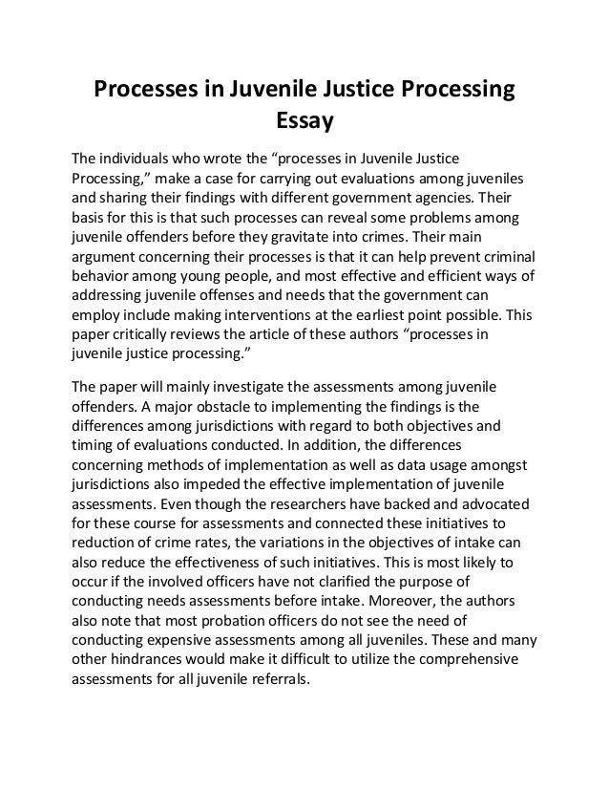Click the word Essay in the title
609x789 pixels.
tap(303, 121)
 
